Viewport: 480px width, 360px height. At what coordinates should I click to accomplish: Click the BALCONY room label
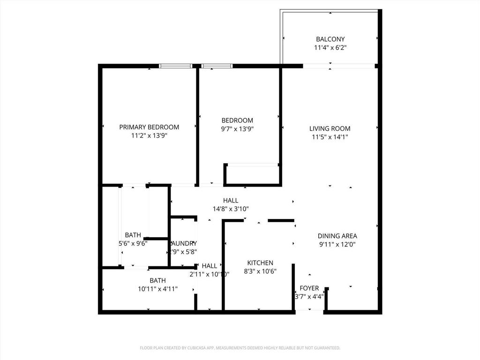pyautogui.click(x=330, y=39)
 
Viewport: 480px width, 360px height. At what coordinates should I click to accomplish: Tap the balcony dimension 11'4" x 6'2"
pyautogui.click(x=330, y=48)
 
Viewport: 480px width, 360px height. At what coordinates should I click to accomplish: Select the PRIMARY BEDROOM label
pyautogui.click(x=149, y=127)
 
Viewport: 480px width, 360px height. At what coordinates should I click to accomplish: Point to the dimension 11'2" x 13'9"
pyautogui.click(x=149, y=136)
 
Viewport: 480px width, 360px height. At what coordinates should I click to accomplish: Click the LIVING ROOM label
pyautogui.click(x=330, y=128)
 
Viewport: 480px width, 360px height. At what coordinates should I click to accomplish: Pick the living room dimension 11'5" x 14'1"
pyautogui.click(x=330, y=137)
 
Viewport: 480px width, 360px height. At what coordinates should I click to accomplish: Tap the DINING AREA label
pyautogui.click(x=337, y=236)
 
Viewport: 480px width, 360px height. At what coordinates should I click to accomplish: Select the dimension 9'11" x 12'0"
pyautogui.click(x=337, y=244)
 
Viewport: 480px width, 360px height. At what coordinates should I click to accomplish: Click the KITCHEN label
pyautogui.click(x=260, y=263)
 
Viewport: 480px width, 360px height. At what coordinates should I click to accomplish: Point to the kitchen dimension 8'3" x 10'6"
pyautogui.click(x=260, y=271)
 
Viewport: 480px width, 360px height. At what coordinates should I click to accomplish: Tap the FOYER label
pyautogui.click(x=309, y=288)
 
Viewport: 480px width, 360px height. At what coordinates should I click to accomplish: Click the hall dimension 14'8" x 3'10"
pyautogui.click(x=231, y=209)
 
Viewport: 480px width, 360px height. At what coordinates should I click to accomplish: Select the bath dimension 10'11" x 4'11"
pyautogui.click(x=157, y=289)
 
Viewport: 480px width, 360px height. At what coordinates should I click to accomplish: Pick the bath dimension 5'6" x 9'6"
pyautogui.click(x=133, y=244)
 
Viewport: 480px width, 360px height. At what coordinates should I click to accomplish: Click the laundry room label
pyautogui.click(x=183, y=244)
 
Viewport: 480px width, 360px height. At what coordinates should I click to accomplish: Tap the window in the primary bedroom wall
pyautogui.click(x=176, y=66)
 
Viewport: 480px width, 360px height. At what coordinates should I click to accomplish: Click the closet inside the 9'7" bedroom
pyautogui.click(x=252, y=174)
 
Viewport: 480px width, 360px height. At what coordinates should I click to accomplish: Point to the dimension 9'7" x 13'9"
pyautogui.click(x=237, y=129)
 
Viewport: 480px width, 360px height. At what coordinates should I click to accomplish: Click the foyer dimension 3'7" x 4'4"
pyautogui.click(x=309, y=297)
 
